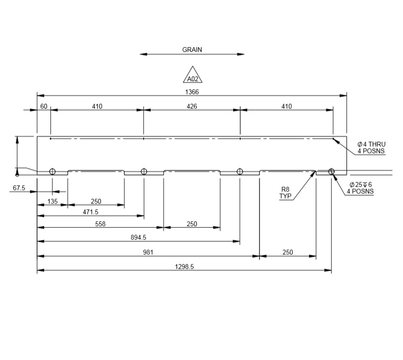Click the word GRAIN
pos(192,49)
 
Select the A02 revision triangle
pos(192,76)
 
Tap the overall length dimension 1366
pos(192,91)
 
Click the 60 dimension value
pos(44,106)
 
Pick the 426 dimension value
pos(191,106)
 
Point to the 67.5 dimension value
pos(19,188)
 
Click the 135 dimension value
pos(52,202)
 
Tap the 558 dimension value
pos(100,224)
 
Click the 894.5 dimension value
pos(139,237)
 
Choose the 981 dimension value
pos(148,252)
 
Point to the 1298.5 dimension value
pos(184,267)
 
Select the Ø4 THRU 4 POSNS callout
pos(371,147)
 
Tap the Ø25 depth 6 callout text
pos(361,188)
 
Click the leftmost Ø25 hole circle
pos(52,172)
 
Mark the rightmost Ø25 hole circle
pos(331,172)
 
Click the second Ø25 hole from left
pos(143,172)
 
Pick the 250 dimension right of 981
pos(287,252)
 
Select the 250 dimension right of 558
pos(191,224)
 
